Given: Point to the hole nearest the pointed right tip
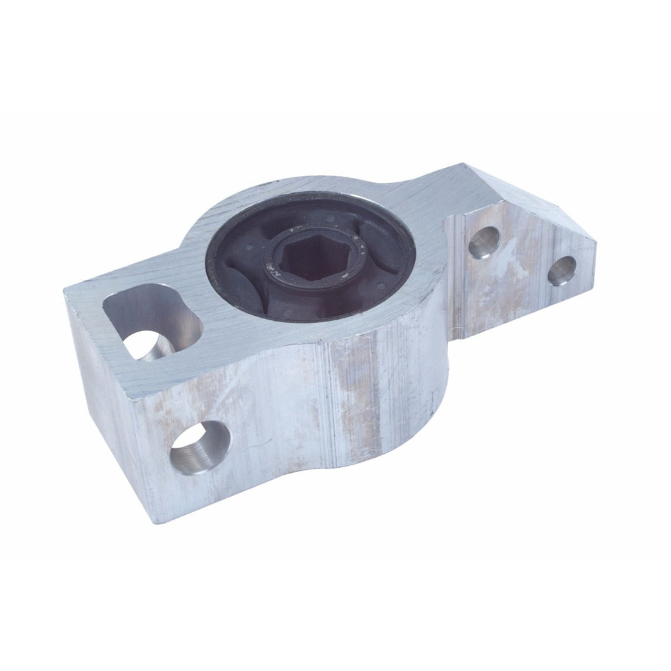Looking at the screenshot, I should tap(561, 270).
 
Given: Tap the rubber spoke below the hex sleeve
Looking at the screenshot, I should tap(317, 304).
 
